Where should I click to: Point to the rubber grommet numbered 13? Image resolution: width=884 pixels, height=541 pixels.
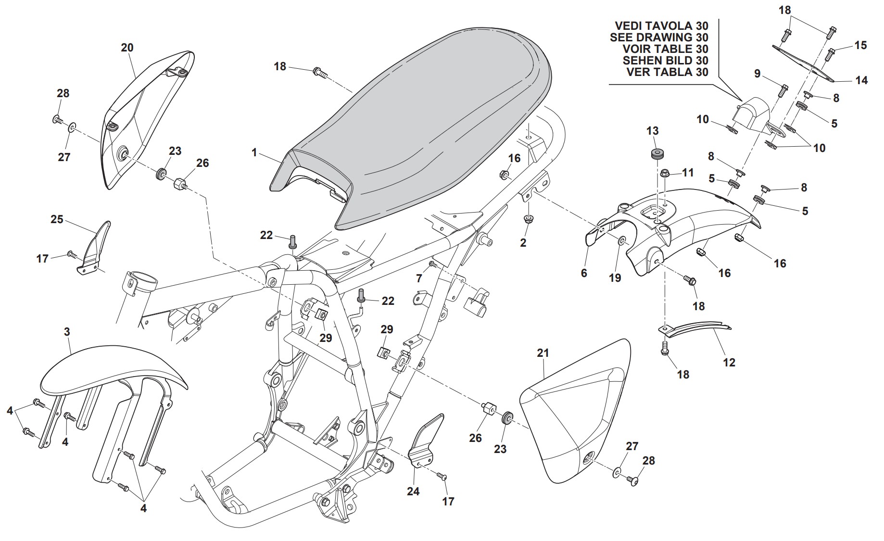654,154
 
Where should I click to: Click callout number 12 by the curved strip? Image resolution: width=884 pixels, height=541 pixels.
729,362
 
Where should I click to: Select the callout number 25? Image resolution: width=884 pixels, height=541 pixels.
57,219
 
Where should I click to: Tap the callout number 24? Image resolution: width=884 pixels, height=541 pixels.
413,491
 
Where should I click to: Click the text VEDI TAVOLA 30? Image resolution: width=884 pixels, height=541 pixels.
661,26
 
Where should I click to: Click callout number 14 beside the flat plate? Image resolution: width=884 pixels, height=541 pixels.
861,80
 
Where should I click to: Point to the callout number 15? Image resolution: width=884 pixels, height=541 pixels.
860,45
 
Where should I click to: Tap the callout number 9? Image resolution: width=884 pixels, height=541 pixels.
757,74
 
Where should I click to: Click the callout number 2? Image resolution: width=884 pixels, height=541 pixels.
523,243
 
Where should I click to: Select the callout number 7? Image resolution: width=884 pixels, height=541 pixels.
419,278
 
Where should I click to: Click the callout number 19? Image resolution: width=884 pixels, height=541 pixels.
615,278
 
